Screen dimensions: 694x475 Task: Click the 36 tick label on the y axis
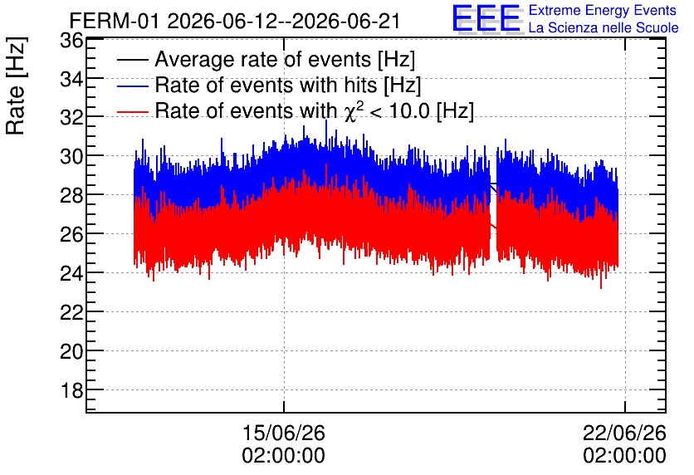click(71, 41)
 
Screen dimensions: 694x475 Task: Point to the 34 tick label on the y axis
click(71, 80)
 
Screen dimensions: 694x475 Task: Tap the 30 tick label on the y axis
click(71, 157)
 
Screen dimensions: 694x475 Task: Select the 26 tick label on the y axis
click(71, 235)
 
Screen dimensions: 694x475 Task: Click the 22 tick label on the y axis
click(71, 313)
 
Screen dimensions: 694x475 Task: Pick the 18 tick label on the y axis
click(71, 391)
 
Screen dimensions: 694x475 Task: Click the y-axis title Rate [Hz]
click(17, 86)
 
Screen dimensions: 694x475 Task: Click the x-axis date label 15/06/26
click(284, 433)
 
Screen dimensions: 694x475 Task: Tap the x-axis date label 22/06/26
click(624, 433)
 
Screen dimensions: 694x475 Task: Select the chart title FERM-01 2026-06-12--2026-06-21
click(235, 21)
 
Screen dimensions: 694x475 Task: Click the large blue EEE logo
click(486, 18)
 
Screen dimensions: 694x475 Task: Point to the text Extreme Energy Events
click(603, 10)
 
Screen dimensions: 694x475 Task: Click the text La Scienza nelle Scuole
click(604, 27)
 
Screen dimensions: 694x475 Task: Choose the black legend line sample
click(133, 60)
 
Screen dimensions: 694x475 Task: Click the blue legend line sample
click(133, 86)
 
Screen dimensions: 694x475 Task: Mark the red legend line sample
click(133, 111)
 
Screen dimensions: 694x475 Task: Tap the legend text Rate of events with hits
click(266, 85)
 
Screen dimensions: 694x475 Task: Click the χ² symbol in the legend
click(351, 110)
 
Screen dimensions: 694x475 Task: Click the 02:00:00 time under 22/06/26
click(624, 456)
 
